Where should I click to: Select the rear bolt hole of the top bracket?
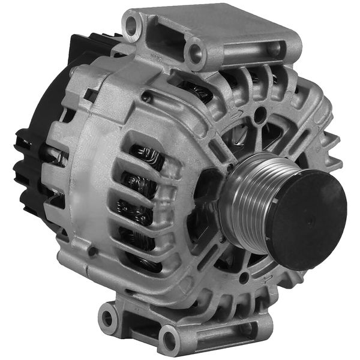point(132,25)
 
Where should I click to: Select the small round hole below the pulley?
point(244,278)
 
